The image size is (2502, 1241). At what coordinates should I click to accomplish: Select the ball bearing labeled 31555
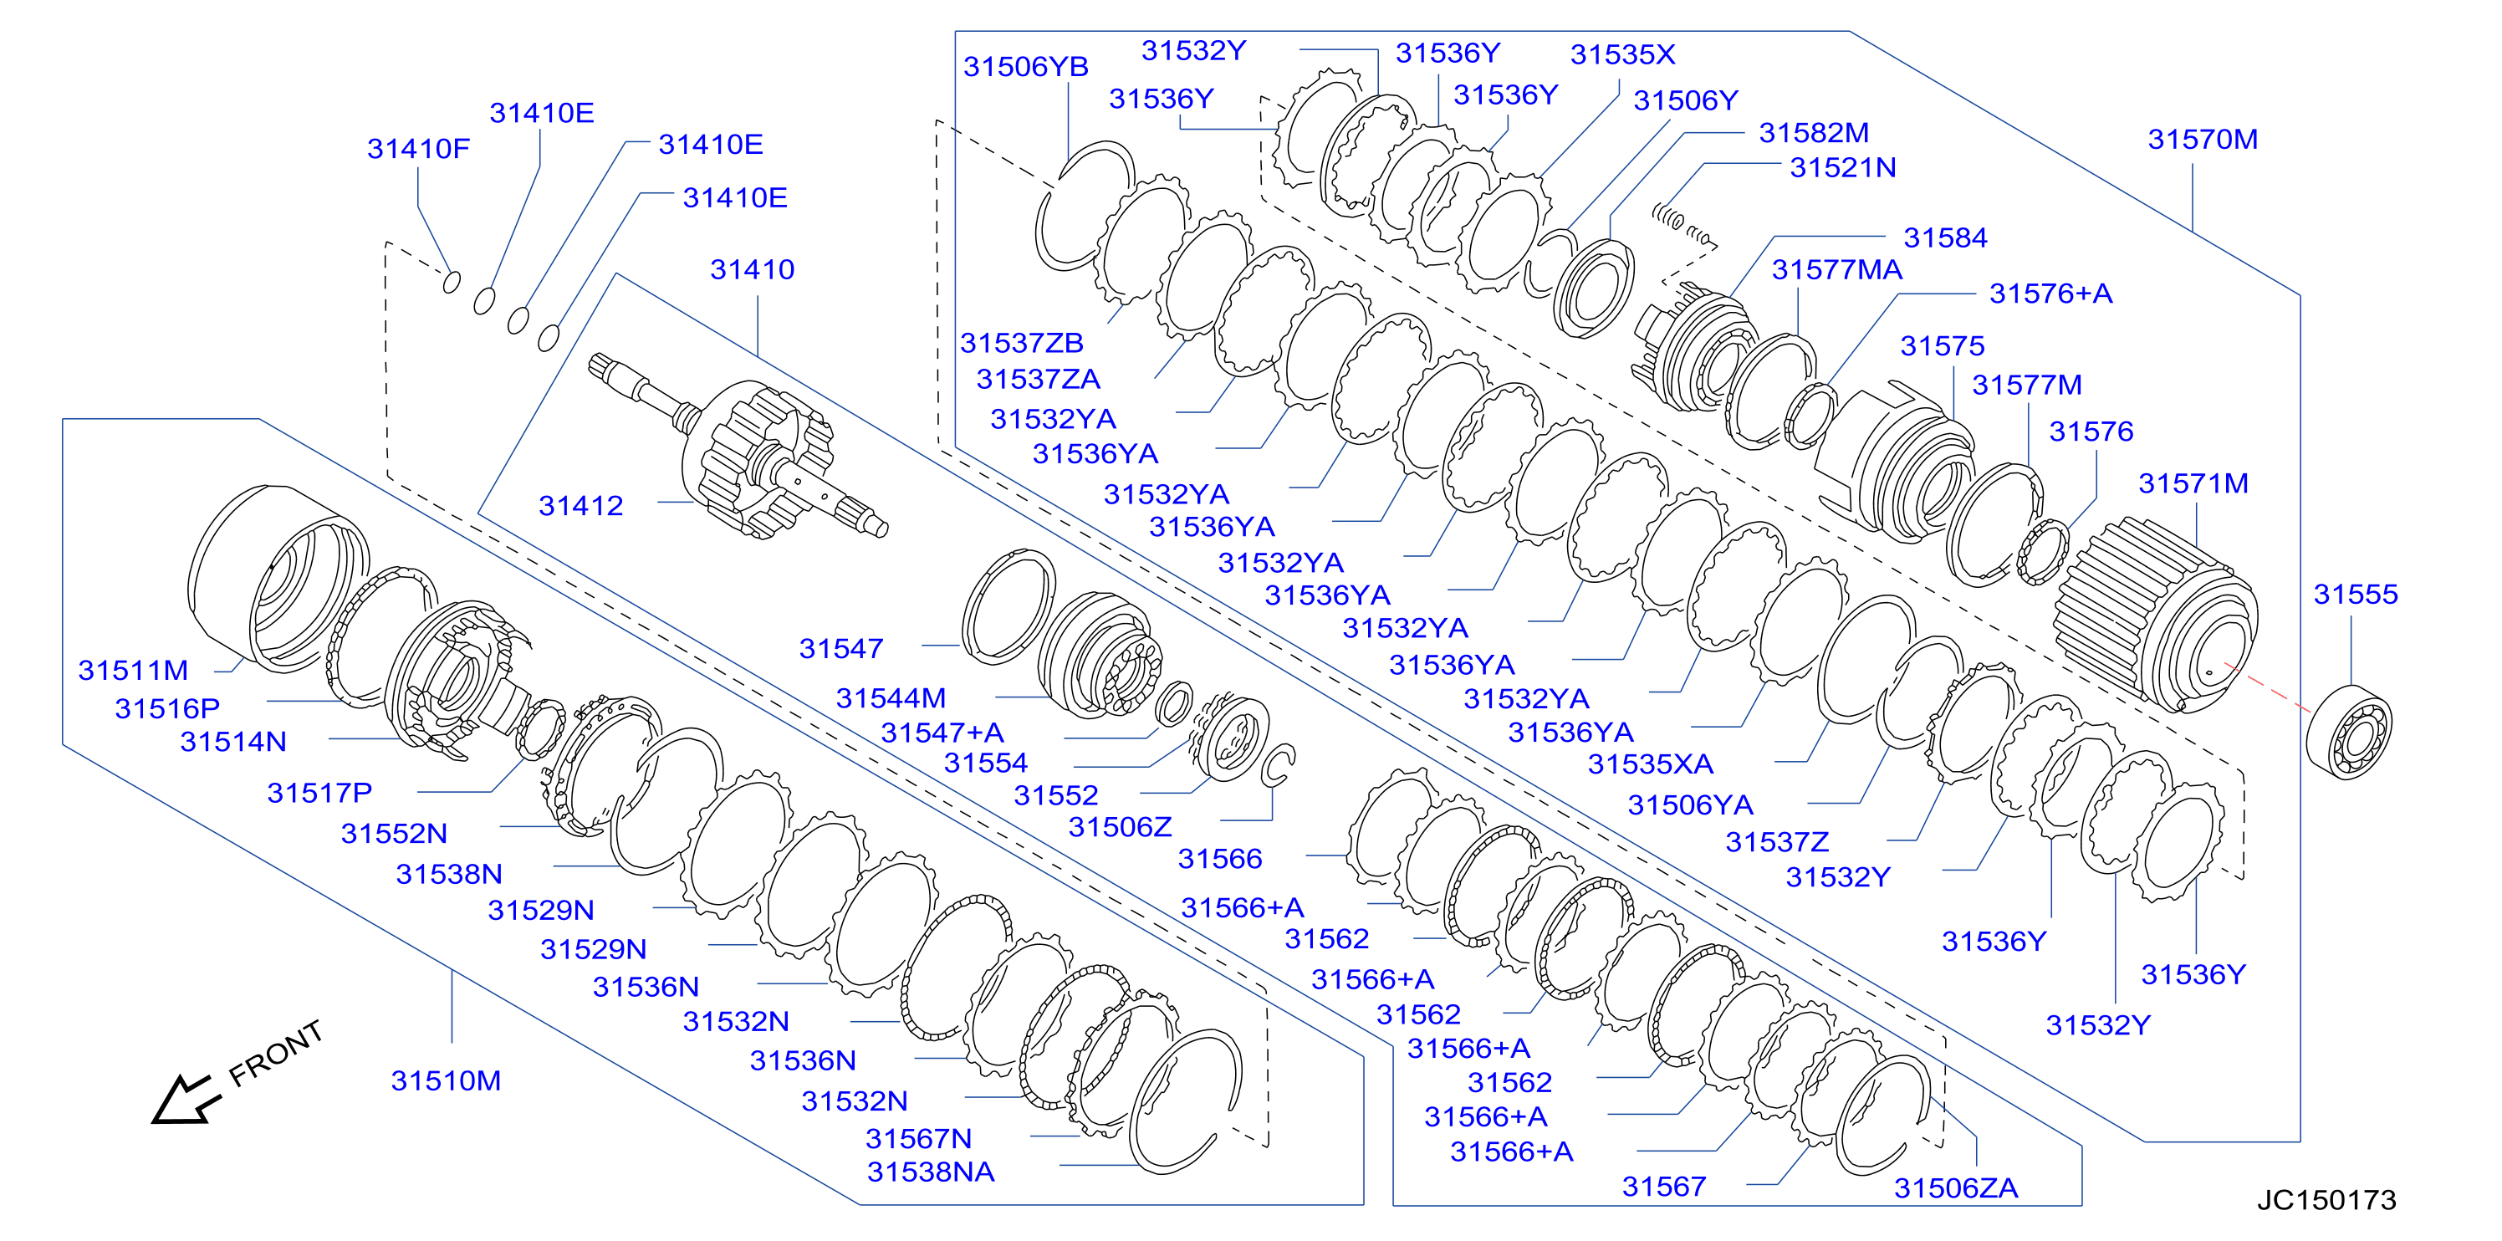pos(2348,733)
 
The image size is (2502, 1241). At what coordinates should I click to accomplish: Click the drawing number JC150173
pos(2326,1200)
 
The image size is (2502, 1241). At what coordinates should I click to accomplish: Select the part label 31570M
pos(2202,140)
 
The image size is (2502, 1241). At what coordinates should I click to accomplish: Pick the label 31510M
pos(446,1080)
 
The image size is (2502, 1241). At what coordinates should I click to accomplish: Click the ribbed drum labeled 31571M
pos(2157,615)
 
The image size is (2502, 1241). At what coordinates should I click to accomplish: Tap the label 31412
pos(581,506)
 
